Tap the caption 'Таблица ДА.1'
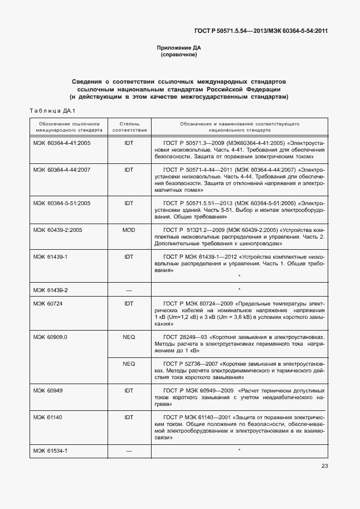pos(51,110)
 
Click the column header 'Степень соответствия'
pos(129,125)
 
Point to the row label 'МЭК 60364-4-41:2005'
pos(61,143)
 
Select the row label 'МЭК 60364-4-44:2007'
pos(61,169)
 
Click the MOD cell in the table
pos(129,229)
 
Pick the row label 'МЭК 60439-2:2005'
pos(57,229)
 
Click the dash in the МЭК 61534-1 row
pos(129,450)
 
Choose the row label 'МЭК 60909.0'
pos(50,337)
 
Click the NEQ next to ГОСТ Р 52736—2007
pos(129,363)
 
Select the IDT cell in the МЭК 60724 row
pos(129,303)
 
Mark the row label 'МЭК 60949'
pos(48,390)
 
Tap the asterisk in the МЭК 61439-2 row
pos(239,290)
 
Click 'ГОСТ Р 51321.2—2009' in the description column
pos(192,229)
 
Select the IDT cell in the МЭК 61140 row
pos(129,416)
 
